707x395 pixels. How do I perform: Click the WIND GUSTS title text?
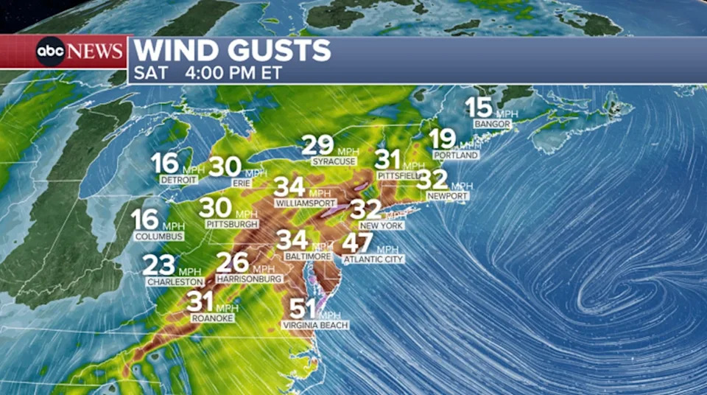click(232, 51)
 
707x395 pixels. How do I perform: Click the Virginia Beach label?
click(314, 325)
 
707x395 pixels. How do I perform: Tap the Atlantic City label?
click(373, 259)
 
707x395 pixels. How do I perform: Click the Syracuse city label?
click(334, 161)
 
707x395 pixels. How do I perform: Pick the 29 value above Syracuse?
click(317, 145)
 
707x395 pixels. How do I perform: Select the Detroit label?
click(177, 180)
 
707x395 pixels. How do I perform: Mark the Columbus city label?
click(158, 237)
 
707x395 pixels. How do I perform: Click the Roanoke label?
click(212, 318)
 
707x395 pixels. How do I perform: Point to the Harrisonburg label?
click(250, 280)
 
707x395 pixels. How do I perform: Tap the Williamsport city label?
click(305, 203)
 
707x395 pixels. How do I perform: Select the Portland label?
click(456, 155)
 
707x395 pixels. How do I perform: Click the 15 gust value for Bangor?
click(479, 108)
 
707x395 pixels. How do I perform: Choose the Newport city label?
click(446, 196)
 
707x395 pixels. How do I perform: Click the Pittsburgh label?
click(232, 223)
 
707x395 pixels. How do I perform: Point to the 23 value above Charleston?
click(159, 265)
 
